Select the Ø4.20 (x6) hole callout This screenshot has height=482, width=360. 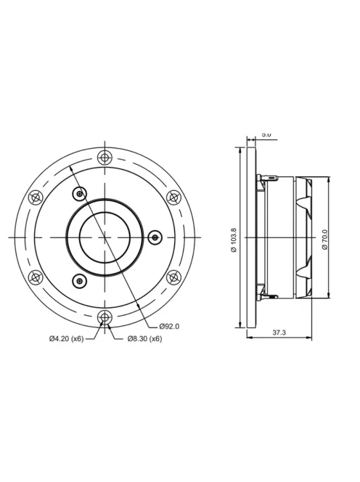66,339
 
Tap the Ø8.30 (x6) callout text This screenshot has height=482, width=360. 144,339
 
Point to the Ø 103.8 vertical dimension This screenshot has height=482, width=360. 234,239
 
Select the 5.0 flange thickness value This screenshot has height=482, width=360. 266,135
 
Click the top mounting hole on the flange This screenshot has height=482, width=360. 106,158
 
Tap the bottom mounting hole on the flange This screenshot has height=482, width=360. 106,316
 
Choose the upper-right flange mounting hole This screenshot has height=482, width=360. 174,197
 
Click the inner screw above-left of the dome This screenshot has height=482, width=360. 80,193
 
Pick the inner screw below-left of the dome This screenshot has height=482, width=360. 80,281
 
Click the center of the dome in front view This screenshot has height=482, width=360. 105,237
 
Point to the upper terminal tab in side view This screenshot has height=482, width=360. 270,176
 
